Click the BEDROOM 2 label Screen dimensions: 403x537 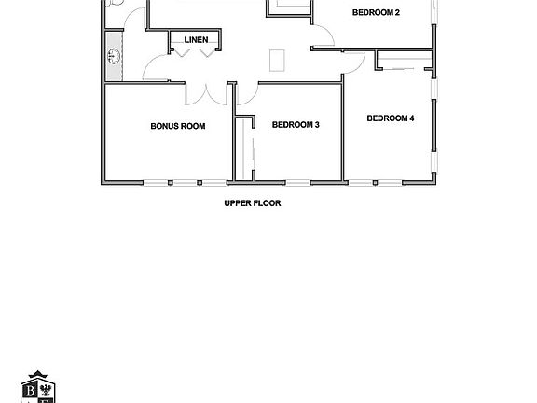pyautogui.click(x=376, y=13)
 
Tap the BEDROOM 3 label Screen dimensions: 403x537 pyautogui.click(x=296, y=124)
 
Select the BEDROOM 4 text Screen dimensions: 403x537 pyautogui.click(x=390, y=118)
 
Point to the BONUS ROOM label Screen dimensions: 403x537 pyautogui.click(x=177, y=126)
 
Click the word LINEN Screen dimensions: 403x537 pyautogui.click(x=196, y=40)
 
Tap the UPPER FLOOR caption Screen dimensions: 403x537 pyautogui.click(x=252, y=202)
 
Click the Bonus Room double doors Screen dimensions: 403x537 pyautogui.click(x=207, y=93)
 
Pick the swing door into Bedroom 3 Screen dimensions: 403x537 pyautogui.click(x=247, y=94)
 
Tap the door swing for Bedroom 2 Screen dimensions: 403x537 pyautogui.click(x=323, y=37)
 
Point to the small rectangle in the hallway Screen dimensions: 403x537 pyautogui.click(x=277, y=59)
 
